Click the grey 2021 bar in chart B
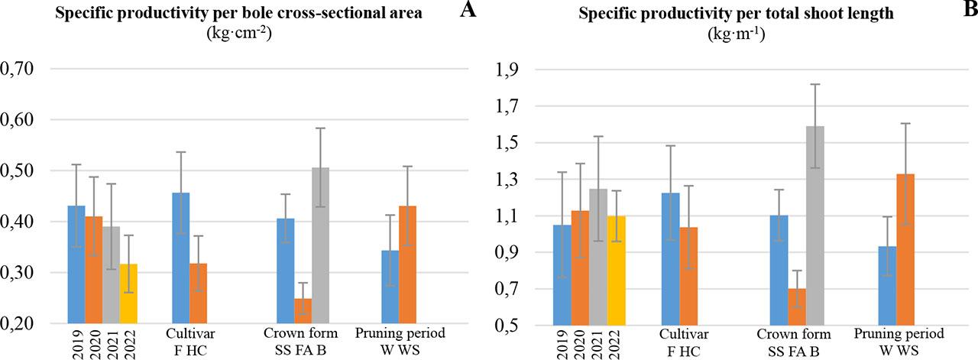point(597,257)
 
